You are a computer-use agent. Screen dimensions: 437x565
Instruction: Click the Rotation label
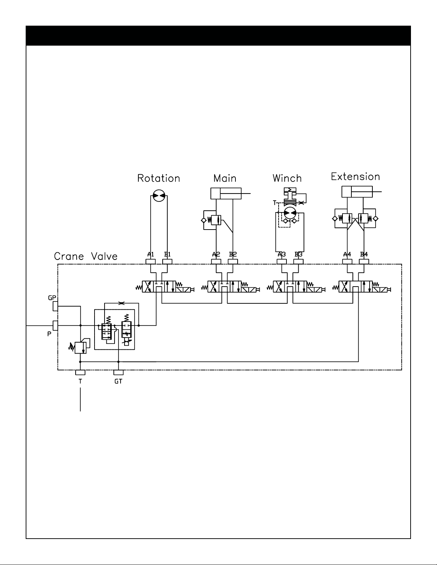pyautogui.click(x=159, y=178)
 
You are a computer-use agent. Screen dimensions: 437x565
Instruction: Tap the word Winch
pyautogui.click(x=287, y=178)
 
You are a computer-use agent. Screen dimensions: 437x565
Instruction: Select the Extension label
pyautogui.click(x=355, y=176)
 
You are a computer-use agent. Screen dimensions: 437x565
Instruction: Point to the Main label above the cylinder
pyautogui.click(x=225, y=178)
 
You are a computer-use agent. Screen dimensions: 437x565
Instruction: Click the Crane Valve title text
pyautogui.click(x=86, y=256)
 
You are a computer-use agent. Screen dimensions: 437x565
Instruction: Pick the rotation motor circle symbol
pyautogui.click(x=159, y=196)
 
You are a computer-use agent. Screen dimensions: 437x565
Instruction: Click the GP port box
pyautogui.click(x=55, y=306)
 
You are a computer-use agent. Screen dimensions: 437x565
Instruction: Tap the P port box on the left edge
pyautogui.click(x=55, y=325)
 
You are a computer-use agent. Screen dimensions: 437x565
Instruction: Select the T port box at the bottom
pyautogui.click(x=80, y=373)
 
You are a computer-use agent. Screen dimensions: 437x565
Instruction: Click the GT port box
pyautogui.click(x=118, y=373)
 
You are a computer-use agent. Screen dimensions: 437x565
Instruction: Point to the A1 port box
pyautogui.click(x=151, y=262)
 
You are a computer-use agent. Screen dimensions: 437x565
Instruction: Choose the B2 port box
pyautogui.click(x=233, y=262)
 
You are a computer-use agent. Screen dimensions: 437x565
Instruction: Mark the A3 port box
pyautogui.click(x=282, y=262)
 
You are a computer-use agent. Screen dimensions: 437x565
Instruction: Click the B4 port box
pyautogui.click(x=364, y=262)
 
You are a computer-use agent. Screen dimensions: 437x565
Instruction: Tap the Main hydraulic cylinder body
pyautogui.click(x=226, y=194)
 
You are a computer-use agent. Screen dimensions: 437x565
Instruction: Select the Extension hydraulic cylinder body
pyautogui.click(x=357, y=192)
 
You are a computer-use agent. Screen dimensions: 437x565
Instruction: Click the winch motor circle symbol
pyautogui.click(x=290, y=213)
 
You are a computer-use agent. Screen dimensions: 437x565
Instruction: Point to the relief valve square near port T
pyautogui.click(x=80, y=348)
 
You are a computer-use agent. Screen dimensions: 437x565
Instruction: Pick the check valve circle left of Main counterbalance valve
pyautogui.click(x=204, y=221)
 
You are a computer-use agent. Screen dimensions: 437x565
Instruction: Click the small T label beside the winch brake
pyautogui.click(x=274, y=203)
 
